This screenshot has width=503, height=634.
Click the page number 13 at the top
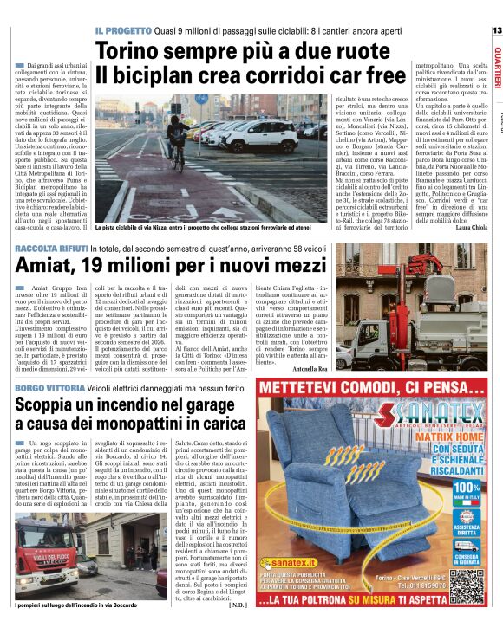[496, 30]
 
